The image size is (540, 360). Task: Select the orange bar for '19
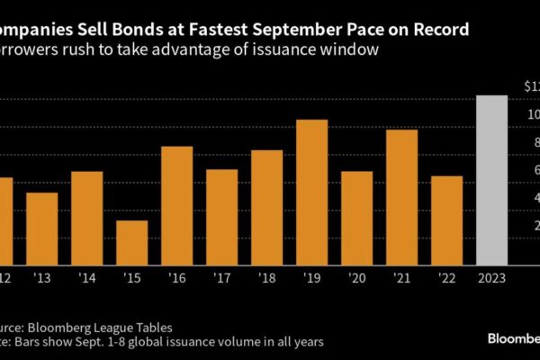point(311,190)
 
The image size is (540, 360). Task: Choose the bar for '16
point(176,203)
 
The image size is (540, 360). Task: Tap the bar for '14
point(86,216)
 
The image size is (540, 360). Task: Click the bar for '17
point(221,215)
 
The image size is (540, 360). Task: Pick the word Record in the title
point(438,30)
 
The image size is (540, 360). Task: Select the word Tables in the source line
point(148,327)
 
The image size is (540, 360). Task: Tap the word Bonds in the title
point(136,30)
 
